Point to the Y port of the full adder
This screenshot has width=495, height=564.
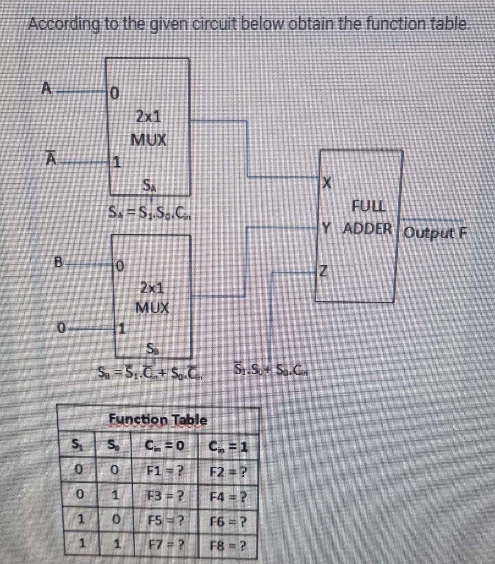pos(326,228)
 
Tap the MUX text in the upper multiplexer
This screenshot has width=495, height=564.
pos(148,139)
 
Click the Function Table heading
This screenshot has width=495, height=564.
pos(158,419)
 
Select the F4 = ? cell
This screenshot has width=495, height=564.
pos(228,496)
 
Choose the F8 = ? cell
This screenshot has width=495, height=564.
pos(228,546)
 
